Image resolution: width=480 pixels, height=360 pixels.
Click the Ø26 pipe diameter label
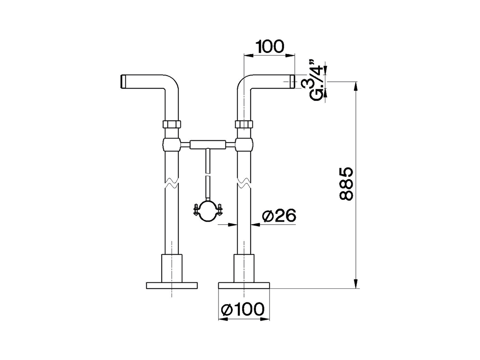pos(279,216)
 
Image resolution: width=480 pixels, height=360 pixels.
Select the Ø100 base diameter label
pos(243,309)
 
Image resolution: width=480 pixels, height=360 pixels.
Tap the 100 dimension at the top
pos(270,46)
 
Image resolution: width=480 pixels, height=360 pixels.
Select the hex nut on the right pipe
pos(244,124)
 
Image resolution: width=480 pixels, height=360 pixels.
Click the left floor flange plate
pos(171,285)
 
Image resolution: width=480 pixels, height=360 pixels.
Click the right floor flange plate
pos(244,285)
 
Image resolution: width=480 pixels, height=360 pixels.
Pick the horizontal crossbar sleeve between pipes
pos(208,144)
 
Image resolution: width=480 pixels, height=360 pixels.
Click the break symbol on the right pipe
pos(244,183)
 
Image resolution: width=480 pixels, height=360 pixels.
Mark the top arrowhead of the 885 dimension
pos(356,86)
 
